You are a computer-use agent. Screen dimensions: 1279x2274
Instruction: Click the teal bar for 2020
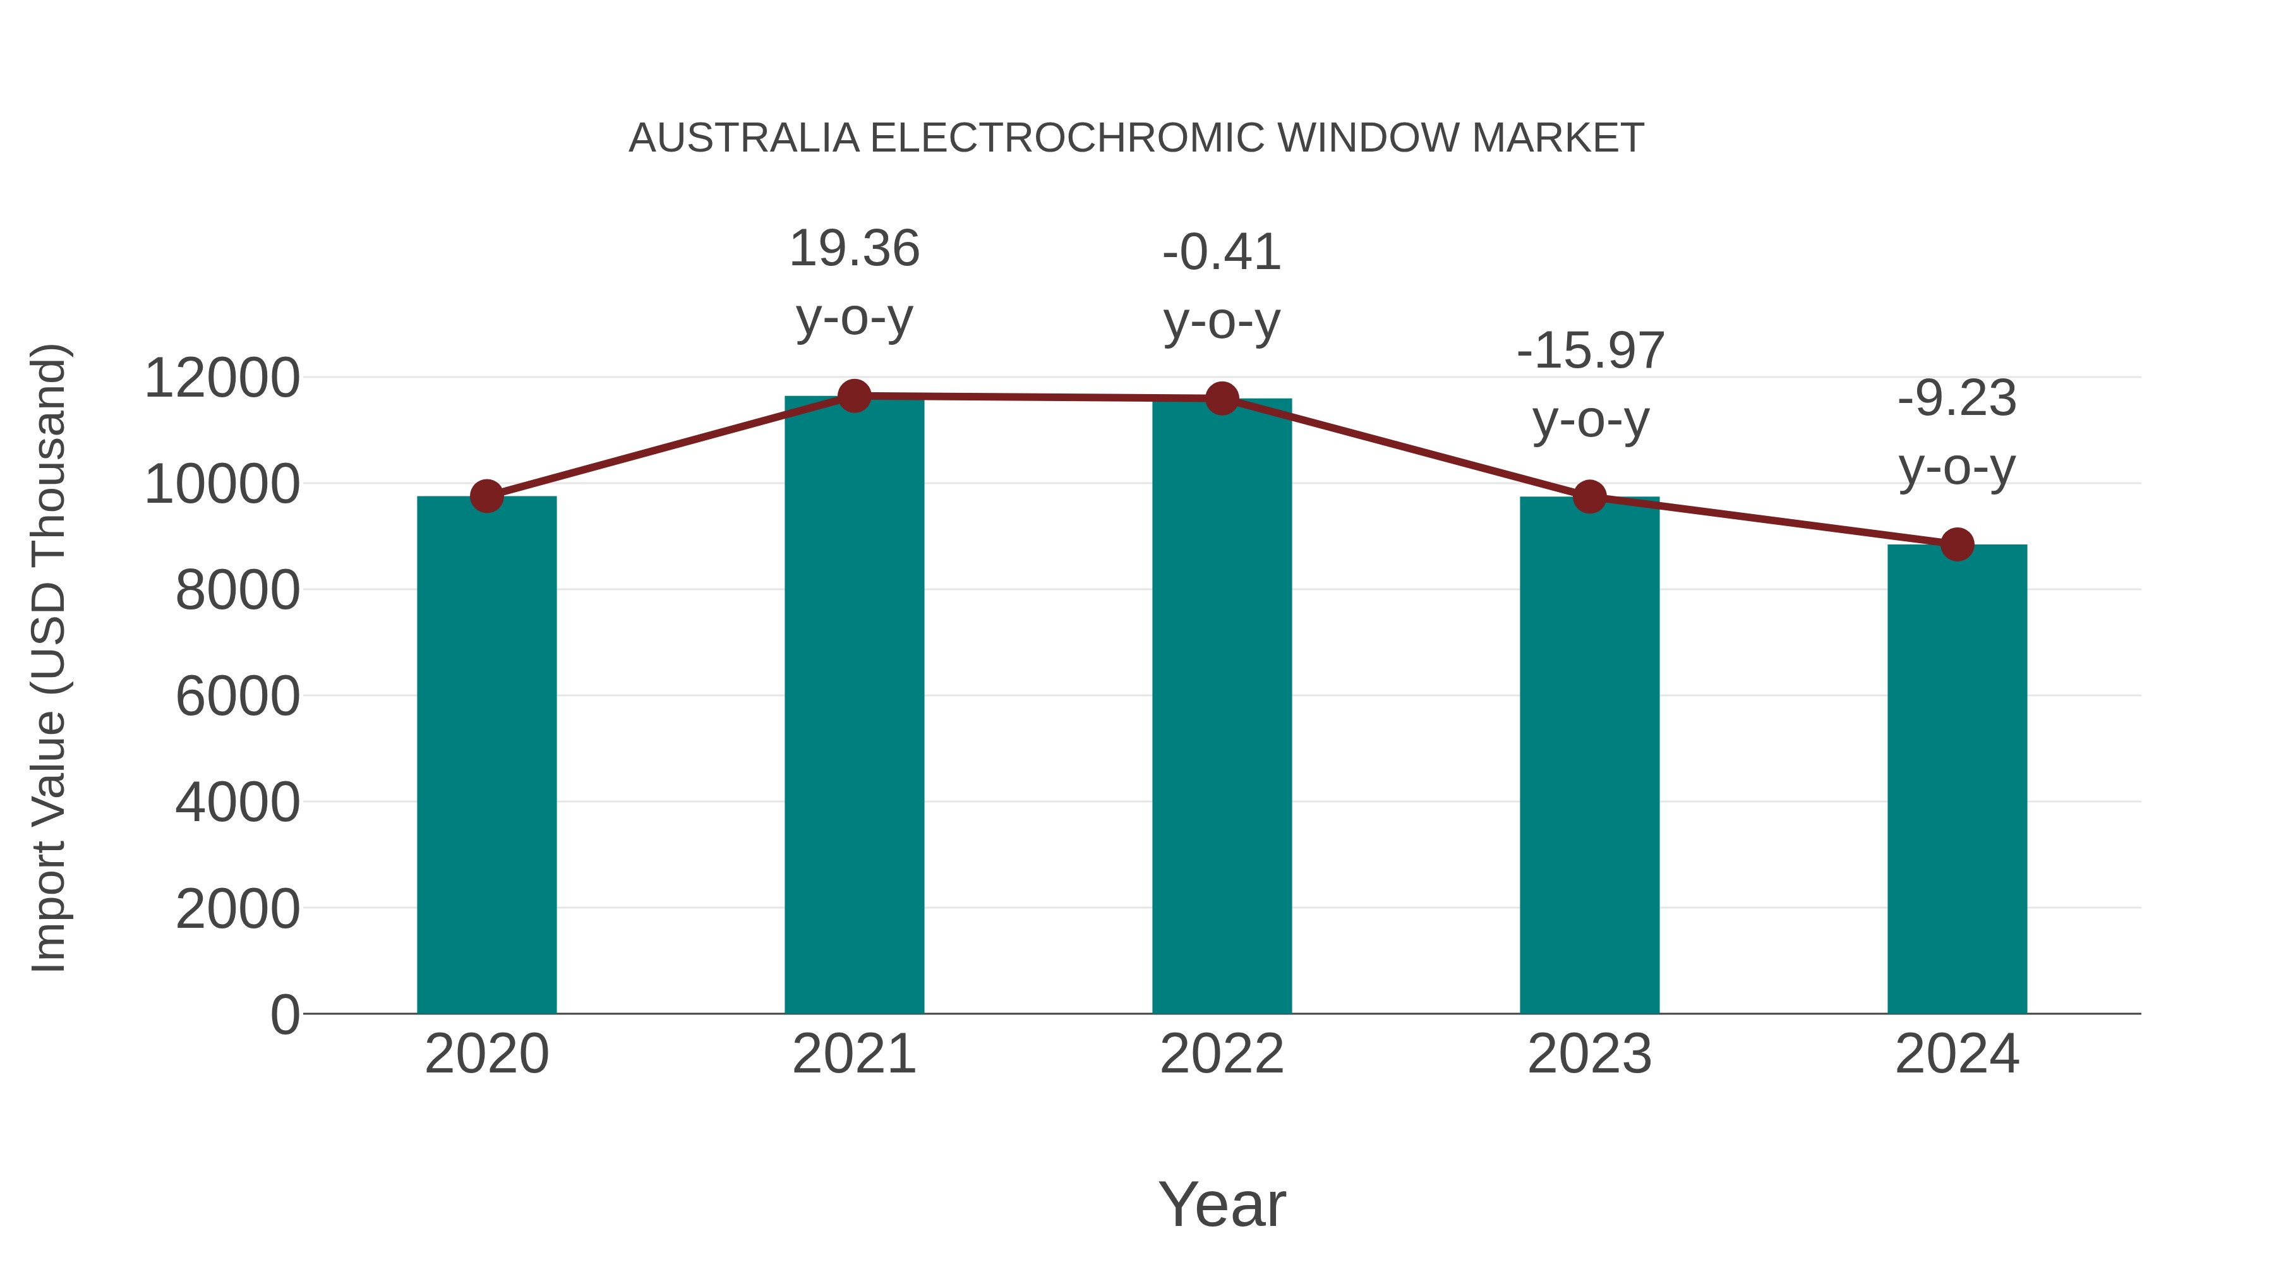(x=486, y=755)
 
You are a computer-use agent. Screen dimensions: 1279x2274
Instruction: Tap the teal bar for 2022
(x=1222, y=706)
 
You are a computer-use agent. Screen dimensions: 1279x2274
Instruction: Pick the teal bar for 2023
(x=1589, y=755)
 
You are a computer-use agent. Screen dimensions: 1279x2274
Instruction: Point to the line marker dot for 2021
(x=853, y=396)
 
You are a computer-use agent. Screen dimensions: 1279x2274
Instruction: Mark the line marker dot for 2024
(x=1957, y=544)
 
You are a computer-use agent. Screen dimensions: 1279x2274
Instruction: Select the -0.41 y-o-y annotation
(x=1222, y=286)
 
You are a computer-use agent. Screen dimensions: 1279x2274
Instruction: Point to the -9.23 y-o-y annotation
(x=1957, y=433)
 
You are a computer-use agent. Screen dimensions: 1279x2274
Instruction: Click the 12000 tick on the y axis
(x=222, y=379)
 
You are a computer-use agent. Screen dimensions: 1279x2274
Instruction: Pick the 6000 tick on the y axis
(x=238, y=697)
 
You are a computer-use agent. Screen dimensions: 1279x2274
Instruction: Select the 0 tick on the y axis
(x=284, y=1014)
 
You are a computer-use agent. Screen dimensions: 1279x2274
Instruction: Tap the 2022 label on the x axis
(x=1222, y=1054)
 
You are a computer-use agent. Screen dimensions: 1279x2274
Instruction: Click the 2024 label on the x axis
(x=1957, y=1054)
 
